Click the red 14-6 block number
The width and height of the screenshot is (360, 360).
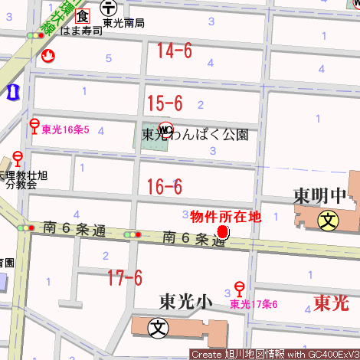174,51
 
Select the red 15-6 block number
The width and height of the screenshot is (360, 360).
165,103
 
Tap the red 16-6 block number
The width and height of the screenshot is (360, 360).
164,186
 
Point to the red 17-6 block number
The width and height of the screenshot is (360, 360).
125,277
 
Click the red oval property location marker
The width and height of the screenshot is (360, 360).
223,232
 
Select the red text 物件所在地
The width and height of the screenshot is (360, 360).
225,217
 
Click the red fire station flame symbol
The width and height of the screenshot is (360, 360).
49,56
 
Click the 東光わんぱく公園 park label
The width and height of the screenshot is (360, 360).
195,135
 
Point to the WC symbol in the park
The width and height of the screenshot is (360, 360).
165,128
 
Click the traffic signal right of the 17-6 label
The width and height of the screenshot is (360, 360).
134,234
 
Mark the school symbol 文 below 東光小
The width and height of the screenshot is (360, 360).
159,327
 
